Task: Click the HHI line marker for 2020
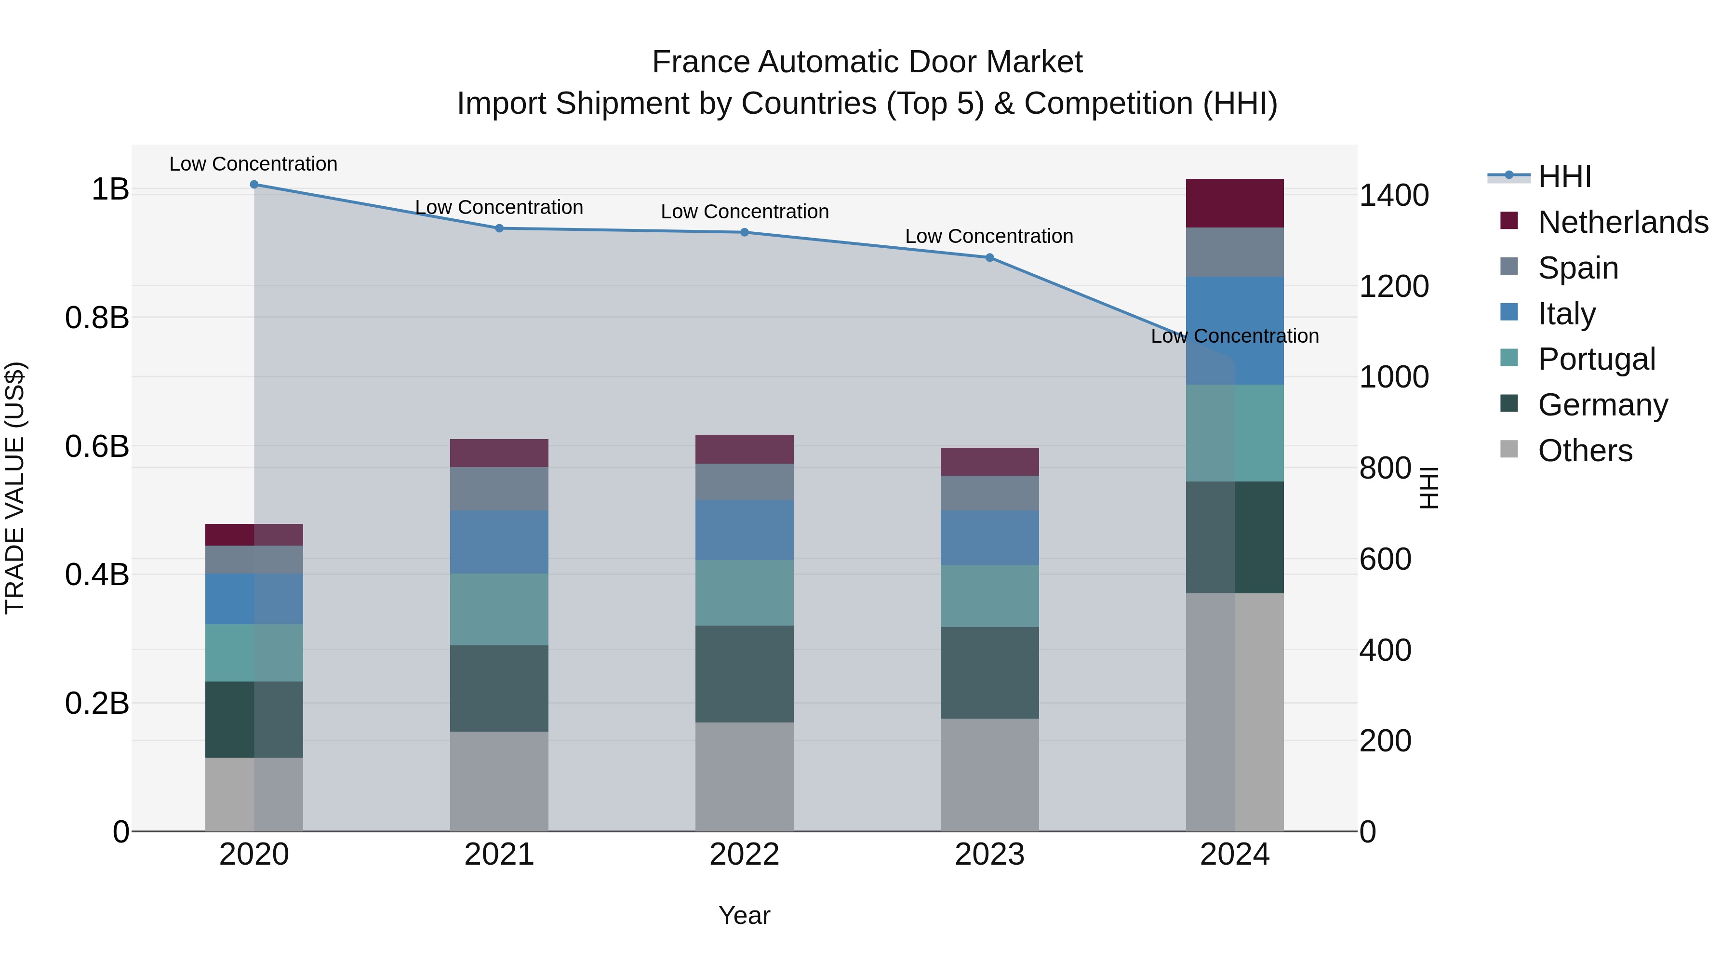pyautogui.click(x=254, y=185)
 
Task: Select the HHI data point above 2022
pyautogui.click(x=744, y=232)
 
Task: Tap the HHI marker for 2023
pyautogui.click(x=989, y=257)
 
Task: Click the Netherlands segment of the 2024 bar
pyautogui.click(x=1235, y=203)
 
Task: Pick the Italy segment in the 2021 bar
pyautogui.click(x=499, y=542)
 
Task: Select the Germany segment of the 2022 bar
pyautogui.click(x=744, y=674)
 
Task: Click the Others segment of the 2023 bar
pyautogui.click(x=989, y=775)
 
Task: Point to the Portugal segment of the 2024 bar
pyautogui.click(x=1235, y=433)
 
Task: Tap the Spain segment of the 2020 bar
pyautogui.click(x=254, y=559)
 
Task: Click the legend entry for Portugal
pyautogui.click(x=1596, y=359)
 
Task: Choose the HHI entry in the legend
pyautogui.click(x=1564, y=176)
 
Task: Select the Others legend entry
pyautogui.click(x=1585, y=451)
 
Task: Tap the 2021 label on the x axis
pyautogui.click(x=499, y=855)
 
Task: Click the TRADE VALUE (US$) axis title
pyautogui.click(x=15, y=488)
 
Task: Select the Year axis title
pyautogui.click(x=744, y=915)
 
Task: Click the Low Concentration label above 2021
pyautogui.click(x=499, y=207)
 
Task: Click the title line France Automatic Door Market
pyautogui.click(x=867, y=62)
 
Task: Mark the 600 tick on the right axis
pyautogui.click(x=1385, y=559)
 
